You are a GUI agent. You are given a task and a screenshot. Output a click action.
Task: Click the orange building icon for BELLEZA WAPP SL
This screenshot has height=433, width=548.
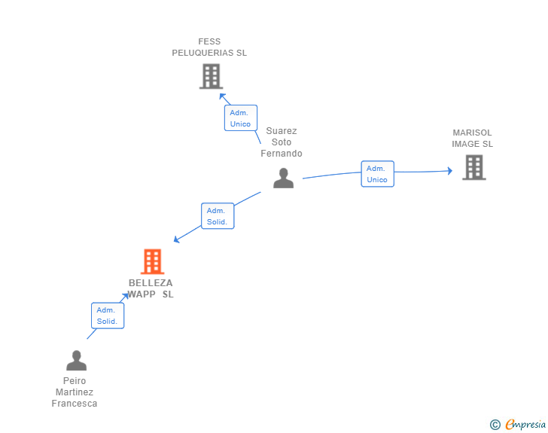pos(152,261)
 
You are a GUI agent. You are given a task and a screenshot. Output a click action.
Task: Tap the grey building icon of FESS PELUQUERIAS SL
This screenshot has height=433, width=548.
pos(211,76)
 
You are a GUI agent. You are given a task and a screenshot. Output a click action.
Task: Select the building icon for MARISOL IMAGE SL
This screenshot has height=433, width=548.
pos(473,167)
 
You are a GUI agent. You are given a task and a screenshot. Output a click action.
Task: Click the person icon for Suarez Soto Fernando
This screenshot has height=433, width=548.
pos(283,178)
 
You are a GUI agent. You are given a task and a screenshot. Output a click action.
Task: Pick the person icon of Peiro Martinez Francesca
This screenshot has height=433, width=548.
pos(76,361)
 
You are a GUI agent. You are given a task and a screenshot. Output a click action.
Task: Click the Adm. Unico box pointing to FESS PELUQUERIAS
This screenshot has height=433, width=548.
pos(240,118)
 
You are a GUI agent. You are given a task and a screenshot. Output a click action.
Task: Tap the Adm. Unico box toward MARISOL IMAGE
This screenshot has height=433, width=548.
pos(377,174)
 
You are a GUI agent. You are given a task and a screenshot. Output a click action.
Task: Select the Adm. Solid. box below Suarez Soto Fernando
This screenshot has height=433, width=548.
pos(218,216)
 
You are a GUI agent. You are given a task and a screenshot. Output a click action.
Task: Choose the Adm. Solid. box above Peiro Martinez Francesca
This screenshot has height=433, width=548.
pos(107,316)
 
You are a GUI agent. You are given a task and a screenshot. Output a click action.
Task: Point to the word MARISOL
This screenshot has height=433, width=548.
pos(473,133)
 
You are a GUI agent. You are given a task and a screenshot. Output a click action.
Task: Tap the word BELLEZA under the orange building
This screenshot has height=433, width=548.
pos(151,283)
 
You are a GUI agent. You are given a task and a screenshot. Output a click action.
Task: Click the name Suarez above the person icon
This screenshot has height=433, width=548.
pos(282,131)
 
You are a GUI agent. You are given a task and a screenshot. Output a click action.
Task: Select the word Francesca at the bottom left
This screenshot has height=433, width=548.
pos(75,404)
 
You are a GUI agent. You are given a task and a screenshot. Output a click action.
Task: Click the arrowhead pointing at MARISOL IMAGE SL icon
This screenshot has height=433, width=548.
pos(449,171)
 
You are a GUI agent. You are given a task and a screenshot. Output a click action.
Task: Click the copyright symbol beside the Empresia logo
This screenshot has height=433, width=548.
pos(495,425)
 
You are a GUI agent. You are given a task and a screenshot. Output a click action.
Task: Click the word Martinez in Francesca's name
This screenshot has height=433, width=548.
pos(75,392)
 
